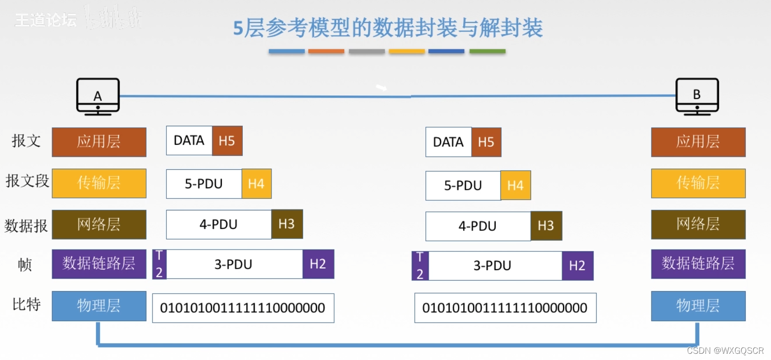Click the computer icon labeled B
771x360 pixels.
pos(697,96)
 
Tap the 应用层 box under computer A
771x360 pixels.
pos(99,142)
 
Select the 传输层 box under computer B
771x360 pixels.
pos(698,183)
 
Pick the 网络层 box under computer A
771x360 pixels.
pos(99,224)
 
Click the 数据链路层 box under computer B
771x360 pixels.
pos(698,264)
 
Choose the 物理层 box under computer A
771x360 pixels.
pos(99,306)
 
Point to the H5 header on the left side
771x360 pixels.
pos(227,141)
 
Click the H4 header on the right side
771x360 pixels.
pos(515,185)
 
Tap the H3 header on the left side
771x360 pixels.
pos(287,224)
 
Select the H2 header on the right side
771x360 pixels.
pos(577,266)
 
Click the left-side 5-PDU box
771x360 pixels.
pos(204,184)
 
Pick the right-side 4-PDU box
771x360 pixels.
pos(478,226)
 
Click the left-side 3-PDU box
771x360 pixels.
pos(234,264)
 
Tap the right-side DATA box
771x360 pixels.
pos(448,142)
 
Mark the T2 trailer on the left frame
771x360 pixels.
pos(159,264)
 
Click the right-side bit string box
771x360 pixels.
pos(505,308)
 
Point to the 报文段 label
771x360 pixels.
pos(27,181)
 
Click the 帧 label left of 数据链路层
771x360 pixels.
pos(25,264)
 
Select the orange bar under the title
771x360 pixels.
pos(326,51)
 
